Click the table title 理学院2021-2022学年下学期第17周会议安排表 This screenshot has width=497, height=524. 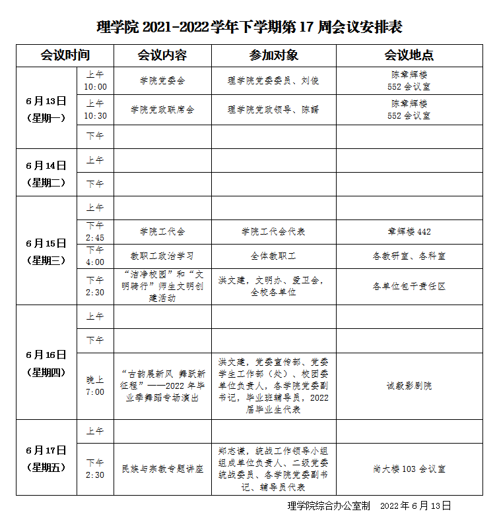coord(249,27)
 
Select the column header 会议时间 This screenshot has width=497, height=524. coord(65,55)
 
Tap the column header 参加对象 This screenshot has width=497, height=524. coord(273,55)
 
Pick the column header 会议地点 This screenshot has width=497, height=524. coord(409,55)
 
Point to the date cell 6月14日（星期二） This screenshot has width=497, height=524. coord(46,173)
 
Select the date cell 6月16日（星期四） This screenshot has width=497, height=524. coord(46,363)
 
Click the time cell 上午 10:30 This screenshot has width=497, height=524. coord(95,109)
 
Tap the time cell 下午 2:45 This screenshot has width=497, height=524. coord(95,231)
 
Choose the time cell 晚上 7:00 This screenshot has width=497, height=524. coord(95,386)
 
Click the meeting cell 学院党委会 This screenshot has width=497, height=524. coord(162,80)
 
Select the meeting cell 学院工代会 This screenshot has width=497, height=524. coord(162,231)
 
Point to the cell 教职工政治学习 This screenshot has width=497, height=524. coord(162,255)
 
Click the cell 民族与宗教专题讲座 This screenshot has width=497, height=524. coord(162,469)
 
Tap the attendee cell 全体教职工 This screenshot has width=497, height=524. coord(273,255)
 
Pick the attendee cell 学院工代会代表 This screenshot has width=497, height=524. coord(273,231)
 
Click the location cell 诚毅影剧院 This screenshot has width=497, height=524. coord(409,386)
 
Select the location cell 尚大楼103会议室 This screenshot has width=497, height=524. coord(409,469)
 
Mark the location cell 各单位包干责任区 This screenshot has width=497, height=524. coord(409,286)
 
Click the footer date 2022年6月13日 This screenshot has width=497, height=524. coord(415,506)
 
